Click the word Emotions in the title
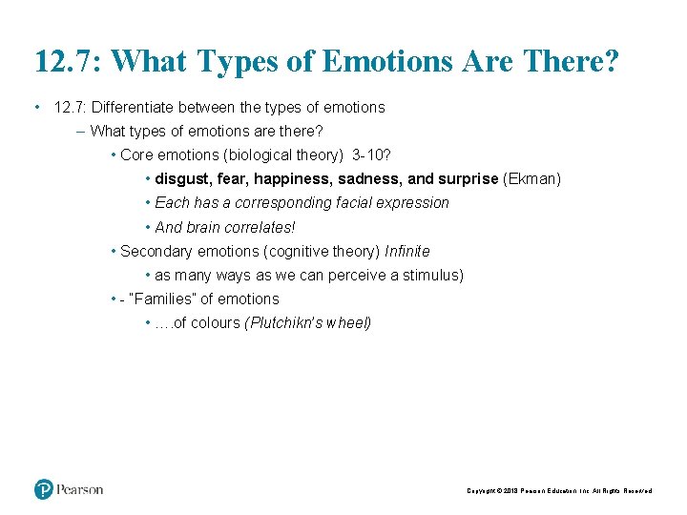point(386,62)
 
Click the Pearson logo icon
point(44,489)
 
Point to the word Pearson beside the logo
point(79,489)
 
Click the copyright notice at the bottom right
point(559,490)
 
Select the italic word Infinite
point(407,251)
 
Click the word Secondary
point(156,251)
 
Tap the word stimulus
point(430,275)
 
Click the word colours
point(215,322)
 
